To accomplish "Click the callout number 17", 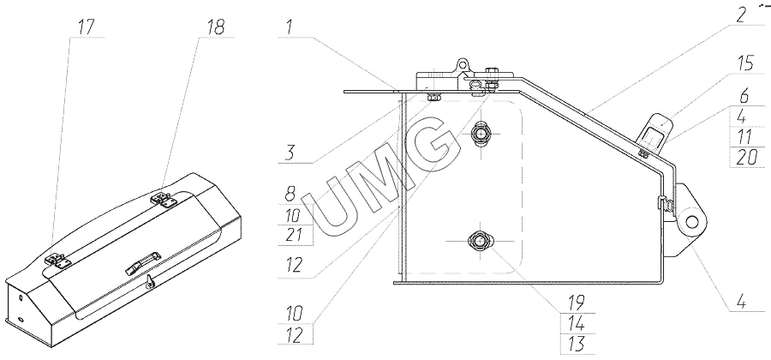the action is [87, 27].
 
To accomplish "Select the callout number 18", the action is [215, 27].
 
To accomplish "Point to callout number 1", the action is [290, 28].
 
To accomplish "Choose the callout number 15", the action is [745, 64].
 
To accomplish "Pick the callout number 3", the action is [290, 153].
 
